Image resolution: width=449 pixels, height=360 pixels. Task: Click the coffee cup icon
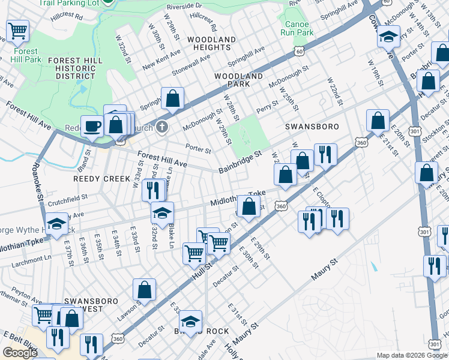(x=92, y=126)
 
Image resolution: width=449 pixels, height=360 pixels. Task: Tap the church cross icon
(x=160, y=127)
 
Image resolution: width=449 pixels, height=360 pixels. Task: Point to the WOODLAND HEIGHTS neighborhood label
(x=211, y=43)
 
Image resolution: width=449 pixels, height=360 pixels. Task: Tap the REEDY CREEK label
(x=101, y=179)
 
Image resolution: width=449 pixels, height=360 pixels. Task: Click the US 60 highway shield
(x=299, y=52)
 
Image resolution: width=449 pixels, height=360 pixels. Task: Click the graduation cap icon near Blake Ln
(x=161, y=213)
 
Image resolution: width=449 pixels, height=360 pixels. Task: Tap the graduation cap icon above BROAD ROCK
(x=191, y=322)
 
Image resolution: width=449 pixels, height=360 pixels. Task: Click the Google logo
(x=20, y=353)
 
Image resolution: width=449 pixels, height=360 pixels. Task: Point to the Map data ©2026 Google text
(x=412, y=355)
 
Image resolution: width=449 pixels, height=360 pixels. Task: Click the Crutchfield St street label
(x=64, y=197)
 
